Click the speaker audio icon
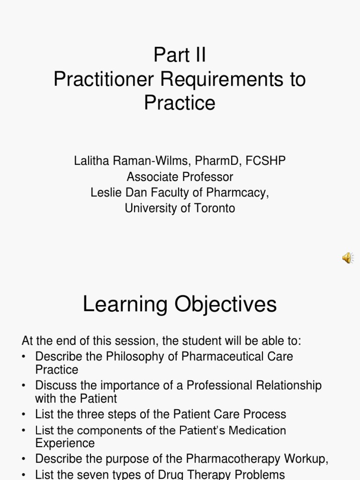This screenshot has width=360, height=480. (x=347, y=258)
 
